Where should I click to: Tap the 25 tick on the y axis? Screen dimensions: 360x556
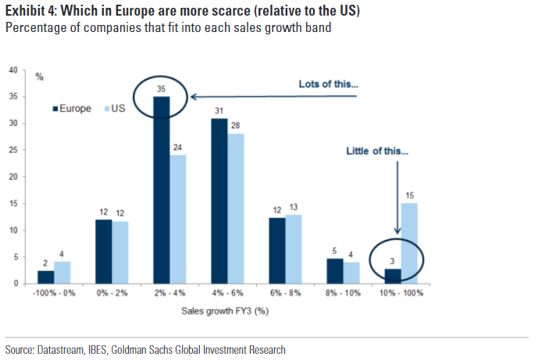[x=12, y=151]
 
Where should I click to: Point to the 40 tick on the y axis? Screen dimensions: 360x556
[x=12, y=71]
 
